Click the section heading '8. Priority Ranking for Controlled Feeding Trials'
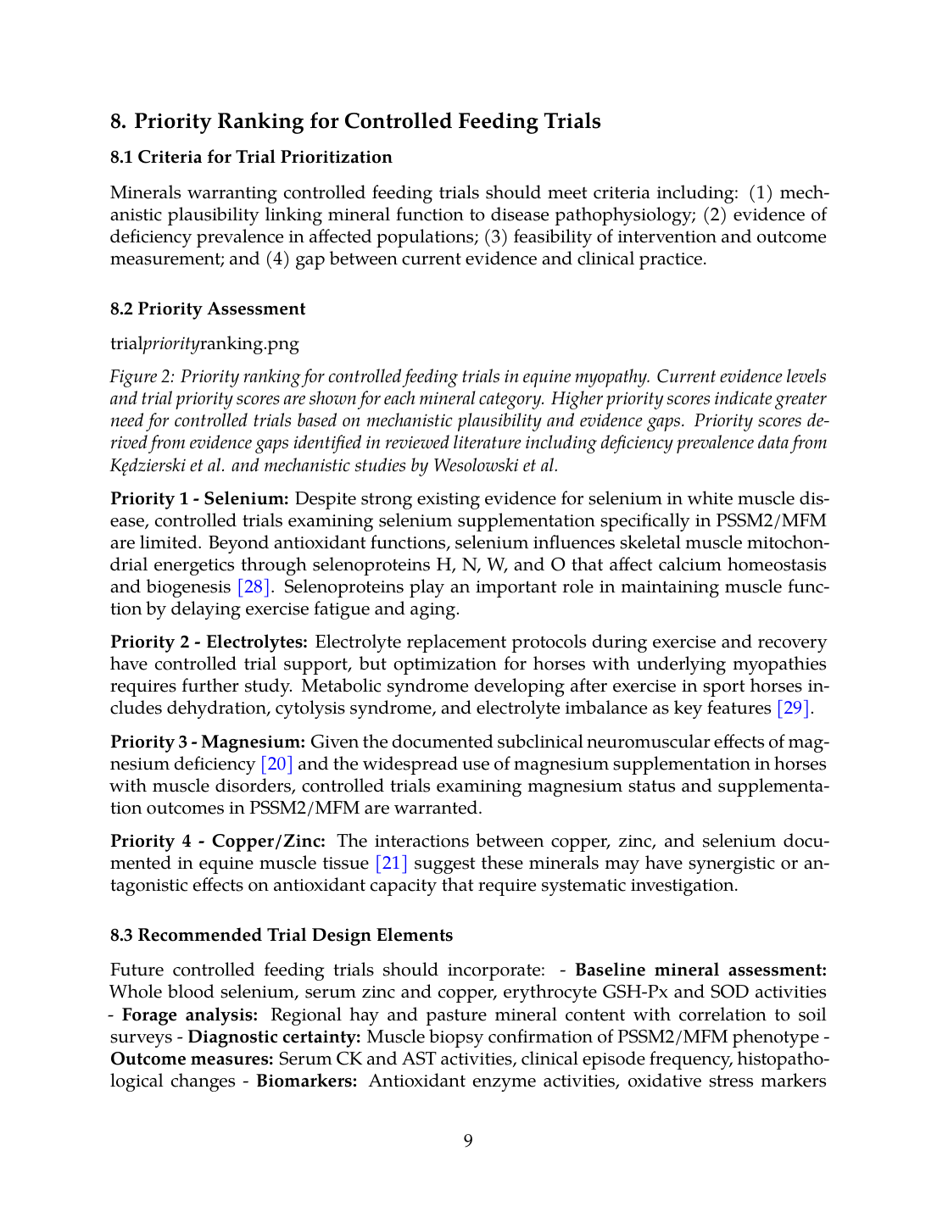[x=355, y=121]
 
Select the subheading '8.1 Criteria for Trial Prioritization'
[x=251, y=157]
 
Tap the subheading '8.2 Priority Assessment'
[x=208, y=309]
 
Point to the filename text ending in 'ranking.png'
[x=204, y=343]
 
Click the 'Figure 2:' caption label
[x=142, y=376]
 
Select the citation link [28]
[x=253, y=587]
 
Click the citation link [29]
[x=793, y=708]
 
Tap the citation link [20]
[x=276, y=764]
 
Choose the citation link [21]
[x=391, y=863]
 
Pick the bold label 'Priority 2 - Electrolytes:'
[x=209, y=642]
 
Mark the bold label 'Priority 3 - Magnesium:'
[x=208, y=742]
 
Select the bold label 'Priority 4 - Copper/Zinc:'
[x=218, y=841]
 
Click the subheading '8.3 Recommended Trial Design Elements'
[x=282, y=935]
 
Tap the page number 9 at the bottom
[x=468, y=1141]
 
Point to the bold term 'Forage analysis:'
[x=190, y=1015]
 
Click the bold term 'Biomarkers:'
[x=307, y=1081]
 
